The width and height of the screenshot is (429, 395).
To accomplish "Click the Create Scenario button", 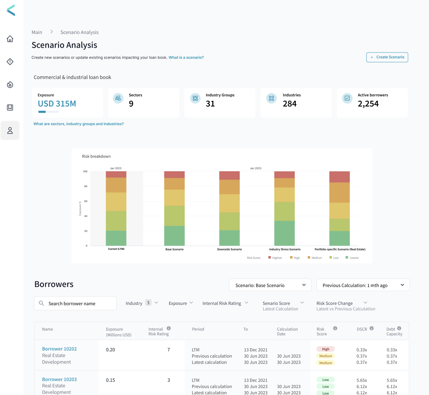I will coord(387,57).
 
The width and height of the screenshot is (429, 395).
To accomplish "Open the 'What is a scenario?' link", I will coord(186,58).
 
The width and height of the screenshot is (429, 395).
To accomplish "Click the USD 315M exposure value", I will coord(57,104).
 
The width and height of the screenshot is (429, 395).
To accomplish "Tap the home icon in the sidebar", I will coord(10,39).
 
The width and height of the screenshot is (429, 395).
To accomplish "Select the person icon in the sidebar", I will coord(10,131).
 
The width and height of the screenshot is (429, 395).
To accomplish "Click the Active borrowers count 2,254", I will coord(368,104).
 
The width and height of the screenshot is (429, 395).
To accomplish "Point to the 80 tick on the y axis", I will coord(86,186).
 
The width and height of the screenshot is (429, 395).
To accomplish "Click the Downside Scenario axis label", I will coord(229,249).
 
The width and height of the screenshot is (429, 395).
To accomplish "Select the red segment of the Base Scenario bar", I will coord(174,175).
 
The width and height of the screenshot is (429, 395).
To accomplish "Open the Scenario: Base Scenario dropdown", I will coord(270,285).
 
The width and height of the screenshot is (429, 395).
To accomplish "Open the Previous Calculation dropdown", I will coord(363,285).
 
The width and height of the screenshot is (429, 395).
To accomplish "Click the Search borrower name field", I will coord(76,303).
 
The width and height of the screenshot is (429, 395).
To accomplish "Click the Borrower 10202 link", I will coord(59,349).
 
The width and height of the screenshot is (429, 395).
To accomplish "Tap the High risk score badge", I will coord(326,349).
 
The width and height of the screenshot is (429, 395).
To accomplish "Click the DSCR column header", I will coord(362,329).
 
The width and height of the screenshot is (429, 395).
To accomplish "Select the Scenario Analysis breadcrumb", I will coord(80,32).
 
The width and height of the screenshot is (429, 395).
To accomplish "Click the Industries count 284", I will coord(289,104).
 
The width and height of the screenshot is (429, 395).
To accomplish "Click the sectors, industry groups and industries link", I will coord(79,124).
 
